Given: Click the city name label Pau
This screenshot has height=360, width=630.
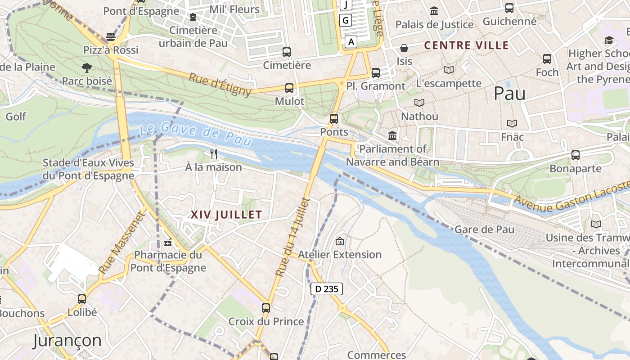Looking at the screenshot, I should (x=510, y=93).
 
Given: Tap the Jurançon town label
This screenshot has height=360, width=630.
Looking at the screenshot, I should (x=67, y=341).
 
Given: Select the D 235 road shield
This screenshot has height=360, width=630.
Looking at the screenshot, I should (x=327, y=289).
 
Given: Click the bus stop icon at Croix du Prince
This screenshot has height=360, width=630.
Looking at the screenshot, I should (x=266, y=308).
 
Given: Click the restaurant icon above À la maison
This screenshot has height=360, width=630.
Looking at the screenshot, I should (x=214, y=154).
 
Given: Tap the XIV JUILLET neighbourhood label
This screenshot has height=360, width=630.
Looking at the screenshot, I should (x=226, y=215).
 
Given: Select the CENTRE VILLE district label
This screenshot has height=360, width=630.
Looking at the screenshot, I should (x=467, y=45).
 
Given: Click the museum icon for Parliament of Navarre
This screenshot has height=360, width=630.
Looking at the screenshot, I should (x=392, y=135).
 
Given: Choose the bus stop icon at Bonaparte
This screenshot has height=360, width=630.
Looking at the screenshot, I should (x=575, y=155).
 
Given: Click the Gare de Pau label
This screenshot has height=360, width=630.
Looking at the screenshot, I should (x=484, y=229).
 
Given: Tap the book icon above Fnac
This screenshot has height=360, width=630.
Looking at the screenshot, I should (x=512, y=123).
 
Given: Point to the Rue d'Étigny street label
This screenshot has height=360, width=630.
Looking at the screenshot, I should (x=220, y=84).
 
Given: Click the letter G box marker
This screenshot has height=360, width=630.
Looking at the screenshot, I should (x=346, y=20).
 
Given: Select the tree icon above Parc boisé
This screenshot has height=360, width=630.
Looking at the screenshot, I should (x=86, y=68).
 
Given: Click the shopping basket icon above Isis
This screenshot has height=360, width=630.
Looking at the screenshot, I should (x=404, y=48).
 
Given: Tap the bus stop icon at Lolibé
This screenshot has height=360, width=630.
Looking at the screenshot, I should (x=82, y=299).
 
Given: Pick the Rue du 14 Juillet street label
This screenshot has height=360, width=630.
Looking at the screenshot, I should (x=293, y=237).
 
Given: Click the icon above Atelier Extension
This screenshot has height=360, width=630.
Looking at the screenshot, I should (x=339, y=241).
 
